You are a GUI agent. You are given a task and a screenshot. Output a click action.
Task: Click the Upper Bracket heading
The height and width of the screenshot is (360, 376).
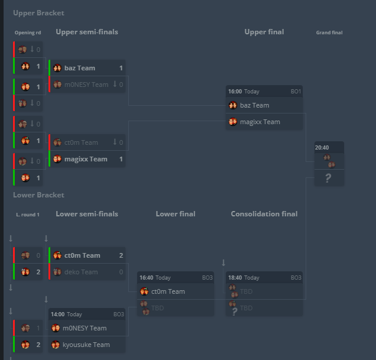pyautogui.click(x=38, y=13)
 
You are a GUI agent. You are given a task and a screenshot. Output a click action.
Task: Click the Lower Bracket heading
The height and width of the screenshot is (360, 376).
pyautogui.click(x=38, y=195)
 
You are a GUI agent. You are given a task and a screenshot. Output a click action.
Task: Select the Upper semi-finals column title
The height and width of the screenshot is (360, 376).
pyautogui.click(x=87, y=32)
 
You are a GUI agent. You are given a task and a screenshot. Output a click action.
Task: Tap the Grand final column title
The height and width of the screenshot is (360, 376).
pyautogui.click(x=329, y=33)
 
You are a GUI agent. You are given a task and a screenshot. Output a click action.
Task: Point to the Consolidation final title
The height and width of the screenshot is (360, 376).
pyautogui.click(x=264, y=214)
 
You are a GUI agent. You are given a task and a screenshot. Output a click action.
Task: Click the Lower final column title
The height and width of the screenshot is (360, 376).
pyautogui.click(x=176, y=214)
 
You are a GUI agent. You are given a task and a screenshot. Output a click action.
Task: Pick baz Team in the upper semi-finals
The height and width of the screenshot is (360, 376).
pyautogui.click(x=80, y=68)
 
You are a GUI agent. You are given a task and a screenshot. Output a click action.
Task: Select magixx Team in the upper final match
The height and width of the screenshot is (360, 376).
pyautogui.click(x=260, y=122)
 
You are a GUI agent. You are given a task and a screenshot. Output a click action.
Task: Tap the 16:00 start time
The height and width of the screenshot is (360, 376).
pyautogui.click(x=235, y=92)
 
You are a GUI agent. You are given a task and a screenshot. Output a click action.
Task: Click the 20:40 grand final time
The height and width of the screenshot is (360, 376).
pyautogui.click(x=322, y=148)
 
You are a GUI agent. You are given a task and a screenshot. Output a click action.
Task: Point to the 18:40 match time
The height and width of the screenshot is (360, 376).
pyautogui.click(x=235, y=278)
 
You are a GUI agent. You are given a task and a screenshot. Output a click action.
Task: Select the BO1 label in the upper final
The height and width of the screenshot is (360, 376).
pyautogui.click(x=296, y=92)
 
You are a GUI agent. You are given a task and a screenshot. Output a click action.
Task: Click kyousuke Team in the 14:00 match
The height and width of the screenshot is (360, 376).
pyautogui.click(x=86, y=345)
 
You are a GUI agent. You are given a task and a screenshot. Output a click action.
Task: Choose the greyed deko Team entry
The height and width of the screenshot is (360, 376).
pyautogui.click(x=82, y=272)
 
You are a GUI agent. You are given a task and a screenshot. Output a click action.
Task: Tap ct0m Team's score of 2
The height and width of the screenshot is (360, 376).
pyautogui.click(x=121, y=255)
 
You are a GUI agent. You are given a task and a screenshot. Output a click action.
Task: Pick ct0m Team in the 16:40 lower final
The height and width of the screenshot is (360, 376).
pyautogui.click(x=168, y=291)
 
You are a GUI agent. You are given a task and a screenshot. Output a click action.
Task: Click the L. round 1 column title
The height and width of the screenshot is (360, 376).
pyautogui.click(x=28, y=215)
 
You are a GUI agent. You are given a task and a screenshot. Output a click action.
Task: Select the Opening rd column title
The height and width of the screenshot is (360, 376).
pyautogui.click(x=28, y=33)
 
